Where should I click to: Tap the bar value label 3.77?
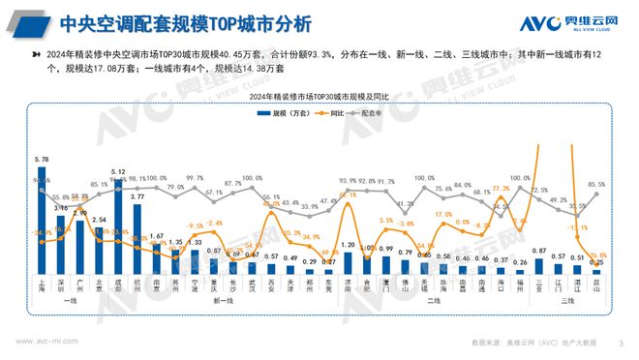[x=137, y=195]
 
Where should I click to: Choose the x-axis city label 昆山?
[x=597, y=284]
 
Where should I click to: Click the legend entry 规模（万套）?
[x=282, y=112]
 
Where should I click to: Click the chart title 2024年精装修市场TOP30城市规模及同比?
[x=319, y=97]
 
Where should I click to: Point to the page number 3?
[x=621, y=342]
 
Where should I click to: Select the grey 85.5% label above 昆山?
[x=596, y=184]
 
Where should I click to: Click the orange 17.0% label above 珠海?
[x=443, y=214]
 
